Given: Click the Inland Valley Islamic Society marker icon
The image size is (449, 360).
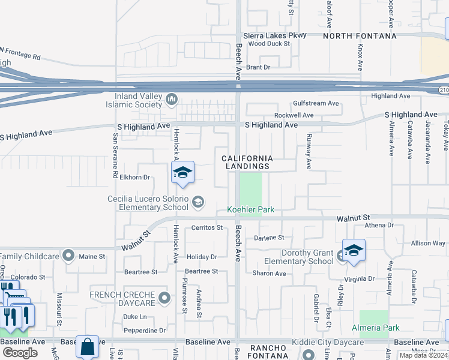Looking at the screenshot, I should (x=171, y=98).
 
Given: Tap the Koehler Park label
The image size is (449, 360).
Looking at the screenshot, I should (x=250, y=209).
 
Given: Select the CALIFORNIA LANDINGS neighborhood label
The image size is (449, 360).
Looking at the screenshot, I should (x=247, y=162).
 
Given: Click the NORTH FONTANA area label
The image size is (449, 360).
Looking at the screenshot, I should (x=360, y=36).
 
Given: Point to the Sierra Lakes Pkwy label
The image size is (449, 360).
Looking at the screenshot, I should (x=274, y=35).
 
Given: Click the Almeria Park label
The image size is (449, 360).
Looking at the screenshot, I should (x=376, y=328).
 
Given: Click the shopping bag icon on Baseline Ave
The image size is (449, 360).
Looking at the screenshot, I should (x=88, y=347).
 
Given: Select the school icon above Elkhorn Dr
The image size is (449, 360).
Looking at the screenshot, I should (x=182, y=173).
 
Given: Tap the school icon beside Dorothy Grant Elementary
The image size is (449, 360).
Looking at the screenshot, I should (x=354, y=250).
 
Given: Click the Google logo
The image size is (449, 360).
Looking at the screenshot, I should (x=20, y=353).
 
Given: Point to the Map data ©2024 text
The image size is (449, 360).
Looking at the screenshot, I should (x=423, y=355).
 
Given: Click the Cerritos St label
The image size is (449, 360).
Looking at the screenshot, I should (x=206, y=228).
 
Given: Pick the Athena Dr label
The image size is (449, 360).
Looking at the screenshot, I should (x=379, y=226).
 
